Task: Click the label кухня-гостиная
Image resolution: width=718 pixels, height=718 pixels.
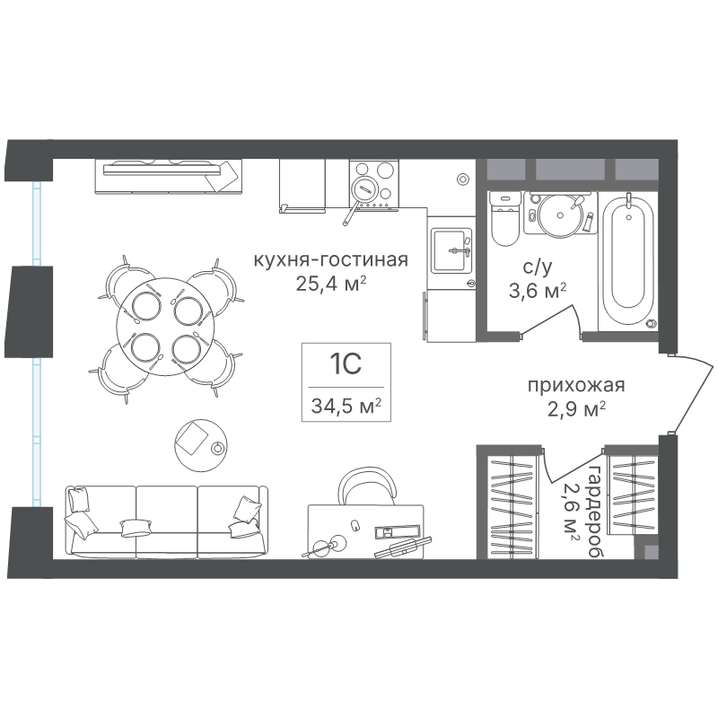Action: (x=330, y=260)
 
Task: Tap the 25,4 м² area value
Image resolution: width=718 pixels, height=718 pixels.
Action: (x=330, y=284)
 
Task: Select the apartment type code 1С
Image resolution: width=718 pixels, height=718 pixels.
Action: (x=346, y=364)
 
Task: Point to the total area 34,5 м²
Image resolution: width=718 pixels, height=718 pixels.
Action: (x=346, y=406)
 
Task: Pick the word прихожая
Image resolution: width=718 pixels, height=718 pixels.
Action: (x=576, y=386)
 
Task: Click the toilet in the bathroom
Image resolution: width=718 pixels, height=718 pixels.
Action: (x=505, y=218)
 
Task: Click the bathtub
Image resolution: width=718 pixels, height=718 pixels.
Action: (x=627, y=260)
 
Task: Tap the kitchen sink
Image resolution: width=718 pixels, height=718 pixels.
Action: (x=451, y=251)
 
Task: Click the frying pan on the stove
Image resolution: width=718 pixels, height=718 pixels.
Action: (x=360, y=196)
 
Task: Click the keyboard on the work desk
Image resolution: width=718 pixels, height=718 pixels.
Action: (x=402, y=547)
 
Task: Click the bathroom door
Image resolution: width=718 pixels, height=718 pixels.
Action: (x=547, y=322)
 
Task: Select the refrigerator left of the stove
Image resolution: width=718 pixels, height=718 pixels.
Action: (x=302, y=186)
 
